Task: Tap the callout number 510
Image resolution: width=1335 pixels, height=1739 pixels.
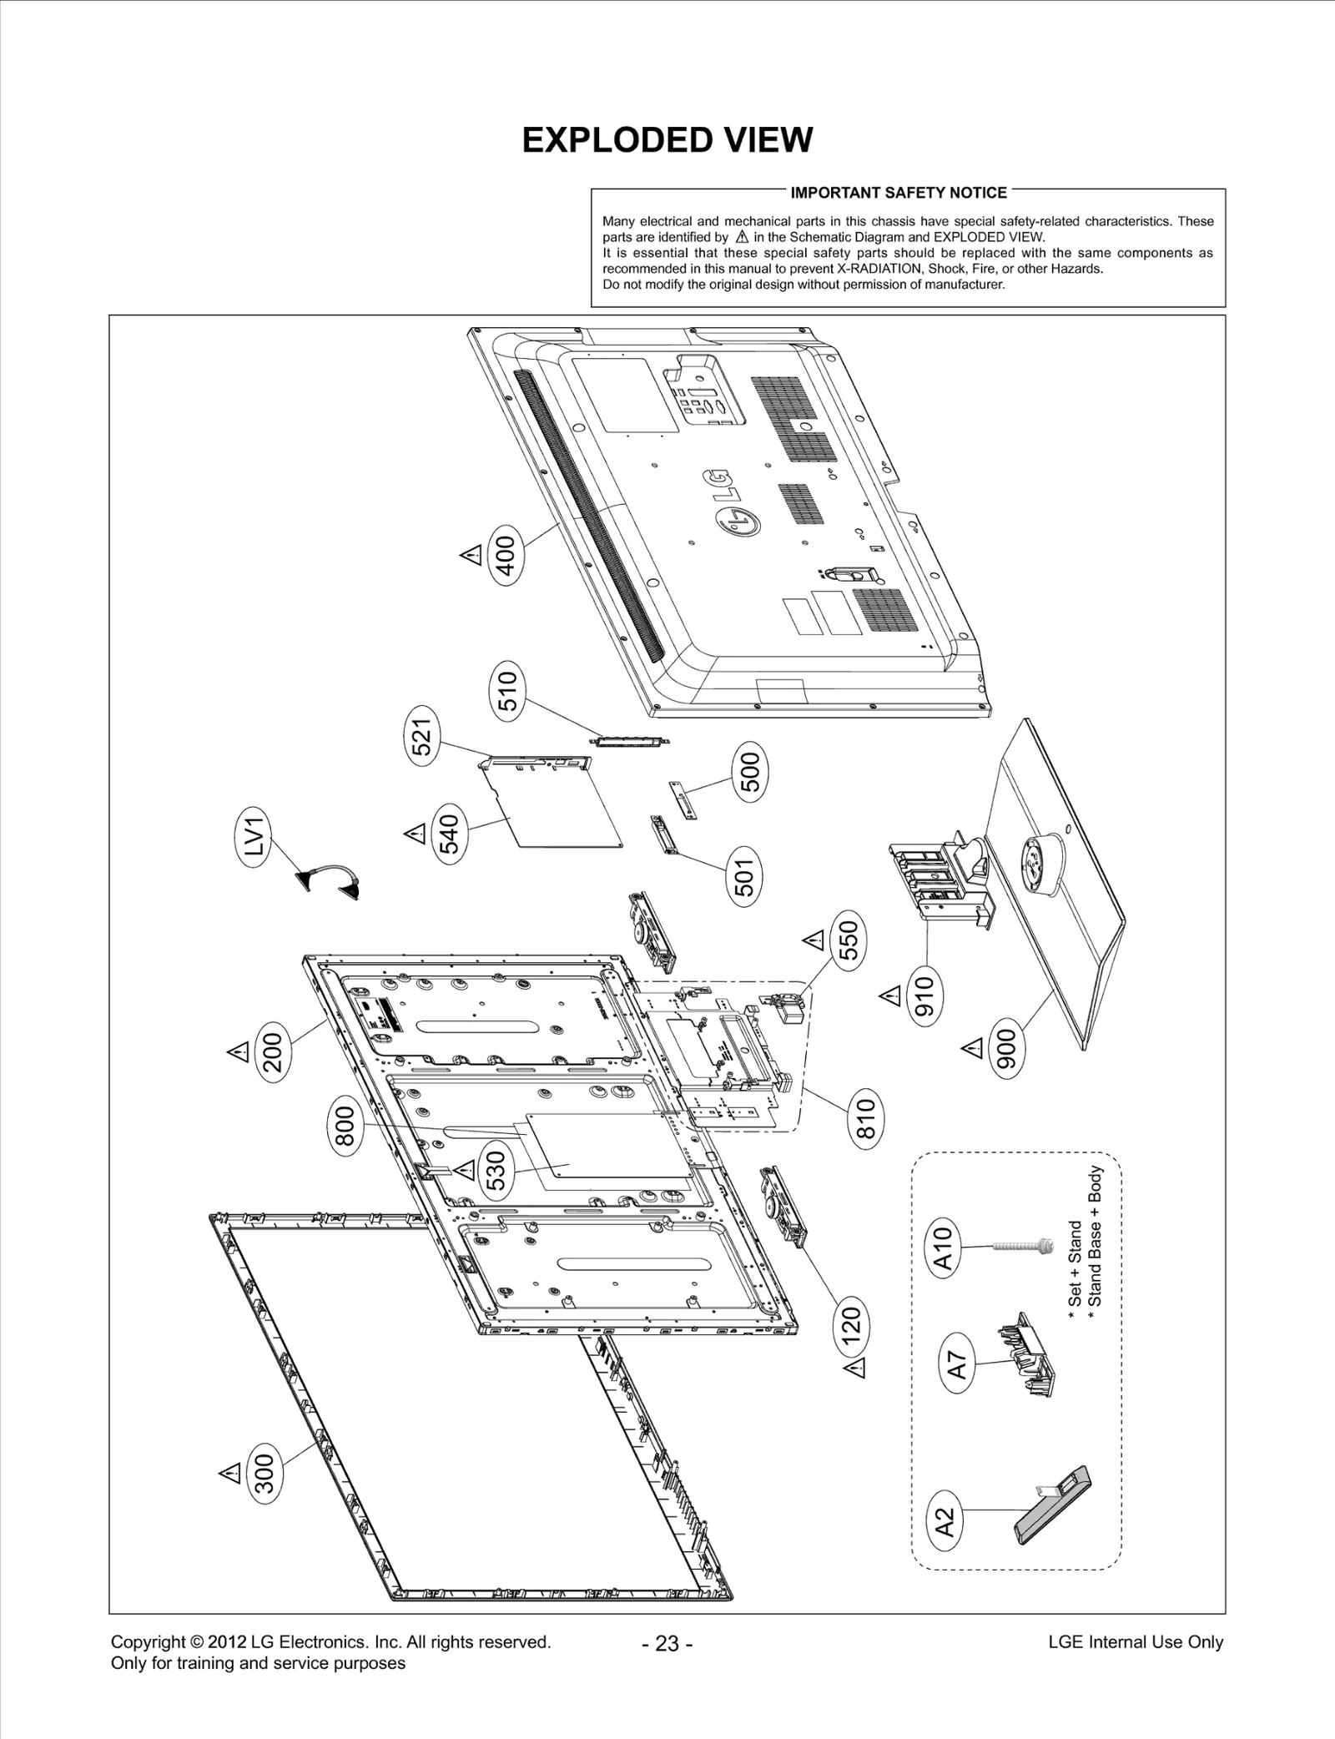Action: pos(507,691)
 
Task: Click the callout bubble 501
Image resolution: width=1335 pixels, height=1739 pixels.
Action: pos(745,877)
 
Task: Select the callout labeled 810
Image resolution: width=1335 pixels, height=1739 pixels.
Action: pos(865,1119)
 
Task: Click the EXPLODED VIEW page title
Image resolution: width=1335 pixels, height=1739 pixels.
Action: pos(667,140)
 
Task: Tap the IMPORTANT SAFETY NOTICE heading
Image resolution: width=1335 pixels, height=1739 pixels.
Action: pos(898,193)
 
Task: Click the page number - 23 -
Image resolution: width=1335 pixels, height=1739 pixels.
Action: pos(667,1643)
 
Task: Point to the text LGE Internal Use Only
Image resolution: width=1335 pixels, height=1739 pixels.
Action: pos(1135,1642)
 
